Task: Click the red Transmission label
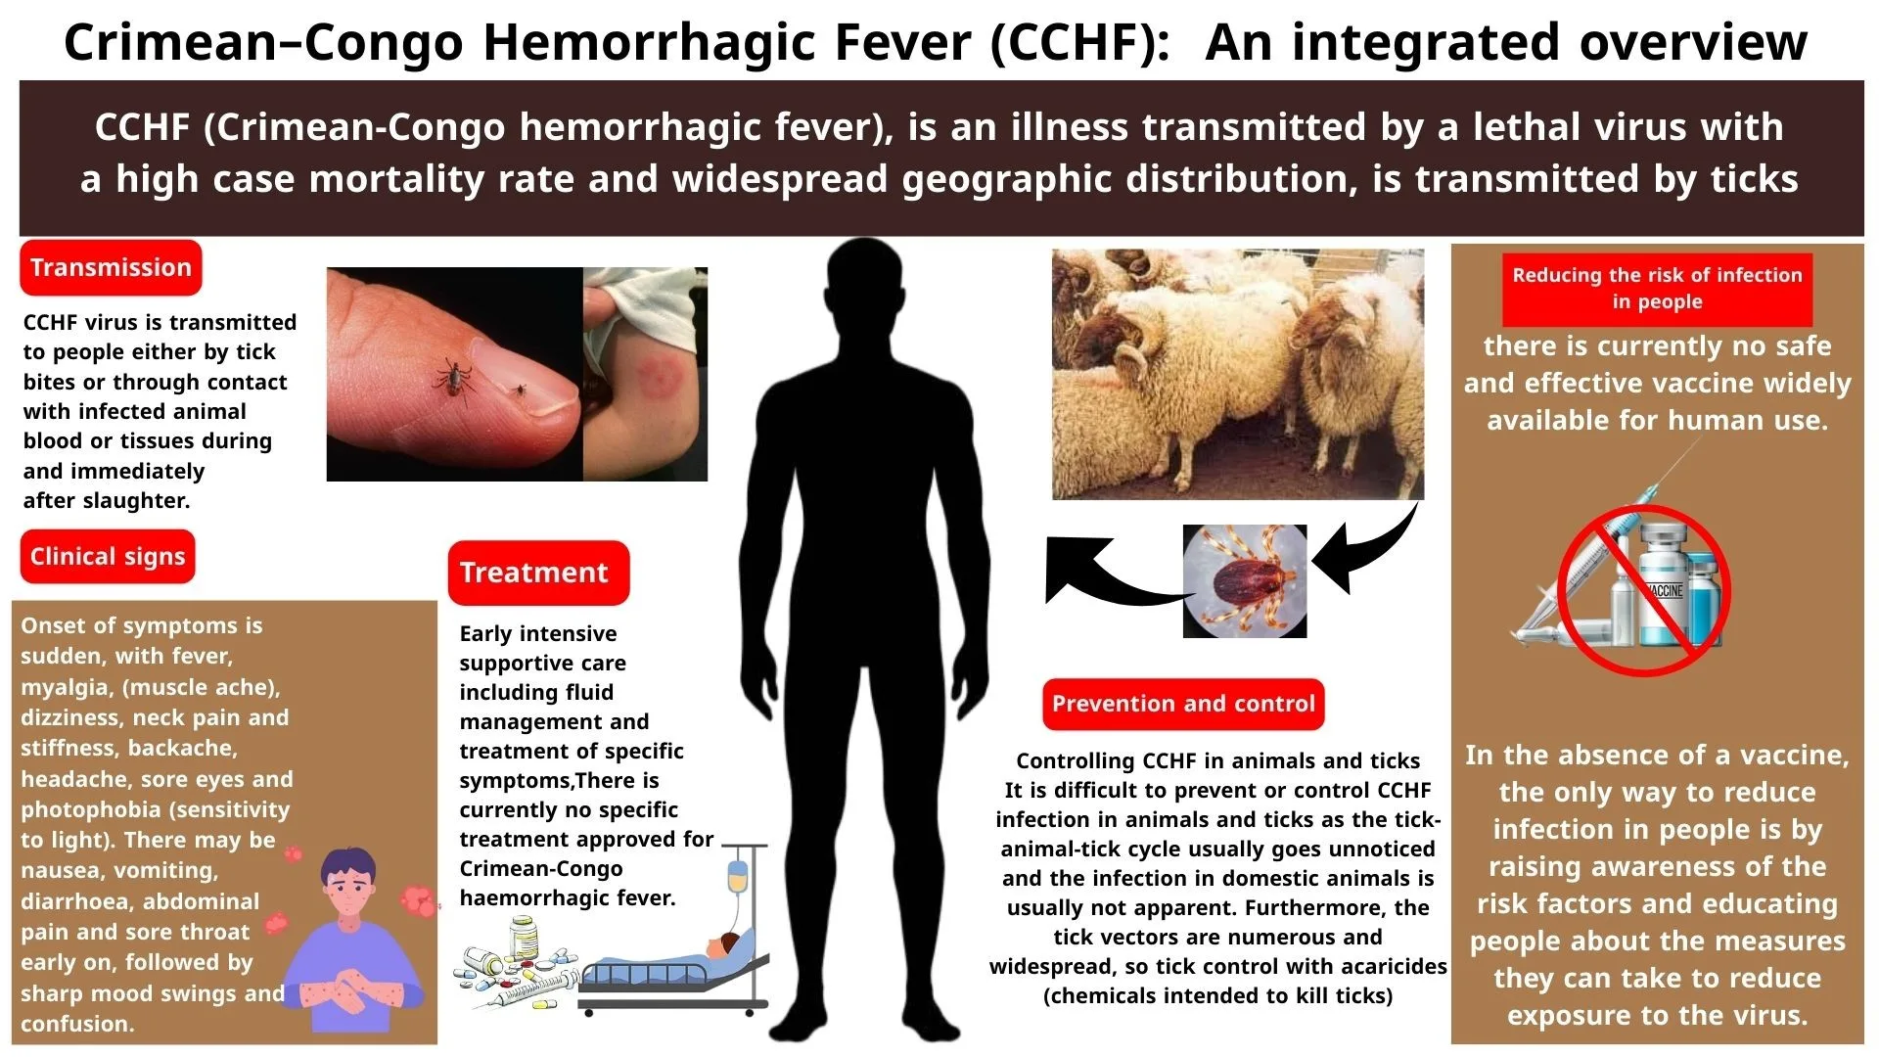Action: click(111, 267)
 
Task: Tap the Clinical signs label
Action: click(108, 557)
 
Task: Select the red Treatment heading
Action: click(538, 573)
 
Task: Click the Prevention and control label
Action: click(1183, 704)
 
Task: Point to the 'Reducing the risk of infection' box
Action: click(1657, 289)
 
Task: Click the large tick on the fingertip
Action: click(455, 380)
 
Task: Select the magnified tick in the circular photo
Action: click(1243, 581)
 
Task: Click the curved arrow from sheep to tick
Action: click(1370, 552)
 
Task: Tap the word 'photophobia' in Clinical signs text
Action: click(83, 810)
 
